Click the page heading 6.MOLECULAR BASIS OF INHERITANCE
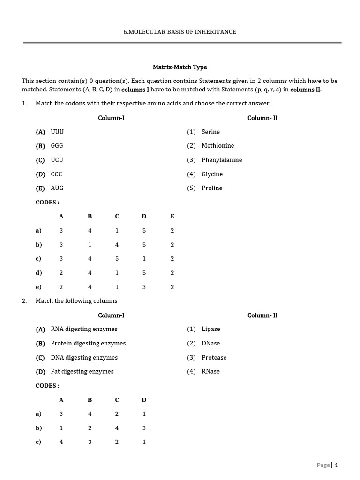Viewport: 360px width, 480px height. click(180, 32)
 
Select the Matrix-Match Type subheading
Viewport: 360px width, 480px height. click(180, 67)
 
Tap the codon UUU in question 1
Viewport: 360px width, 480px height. click(57, 132)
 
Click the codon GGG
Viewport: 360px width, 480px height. click(57, 146)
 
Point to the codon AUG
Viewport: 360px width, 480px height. click(57, 188)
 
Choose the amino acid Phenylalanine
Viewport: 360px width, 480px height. click(222, 160)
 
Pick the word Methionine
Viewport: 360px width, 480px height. click(217, 146)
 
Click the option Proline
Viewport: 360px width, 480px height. click(212, 188)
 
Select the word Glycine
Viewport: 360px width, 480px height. click(212, 174)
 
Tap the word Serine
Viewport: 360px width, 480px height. click(210, 132)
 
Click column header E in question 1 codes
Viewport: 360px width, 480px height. click(172, 216)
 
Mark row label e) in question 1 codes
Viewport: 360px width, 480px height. click(38, 287)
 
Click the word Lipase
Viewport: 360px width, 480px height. click(210, 329)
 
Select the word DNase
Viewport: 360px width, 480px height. click(210, 343)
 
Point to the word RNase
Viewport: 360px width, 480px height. click(210, 371)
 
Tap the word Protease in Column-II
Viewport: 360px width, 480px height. click(214, 357)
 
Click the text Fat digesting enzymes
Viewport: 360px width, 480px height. click(82, 371)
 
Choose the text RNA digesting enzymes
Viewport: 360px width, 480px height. click(84, 329)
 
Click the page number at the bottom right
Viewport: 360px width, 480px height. click(336, 465)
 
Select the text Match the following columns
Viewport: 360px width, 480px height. click(76, 301)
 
